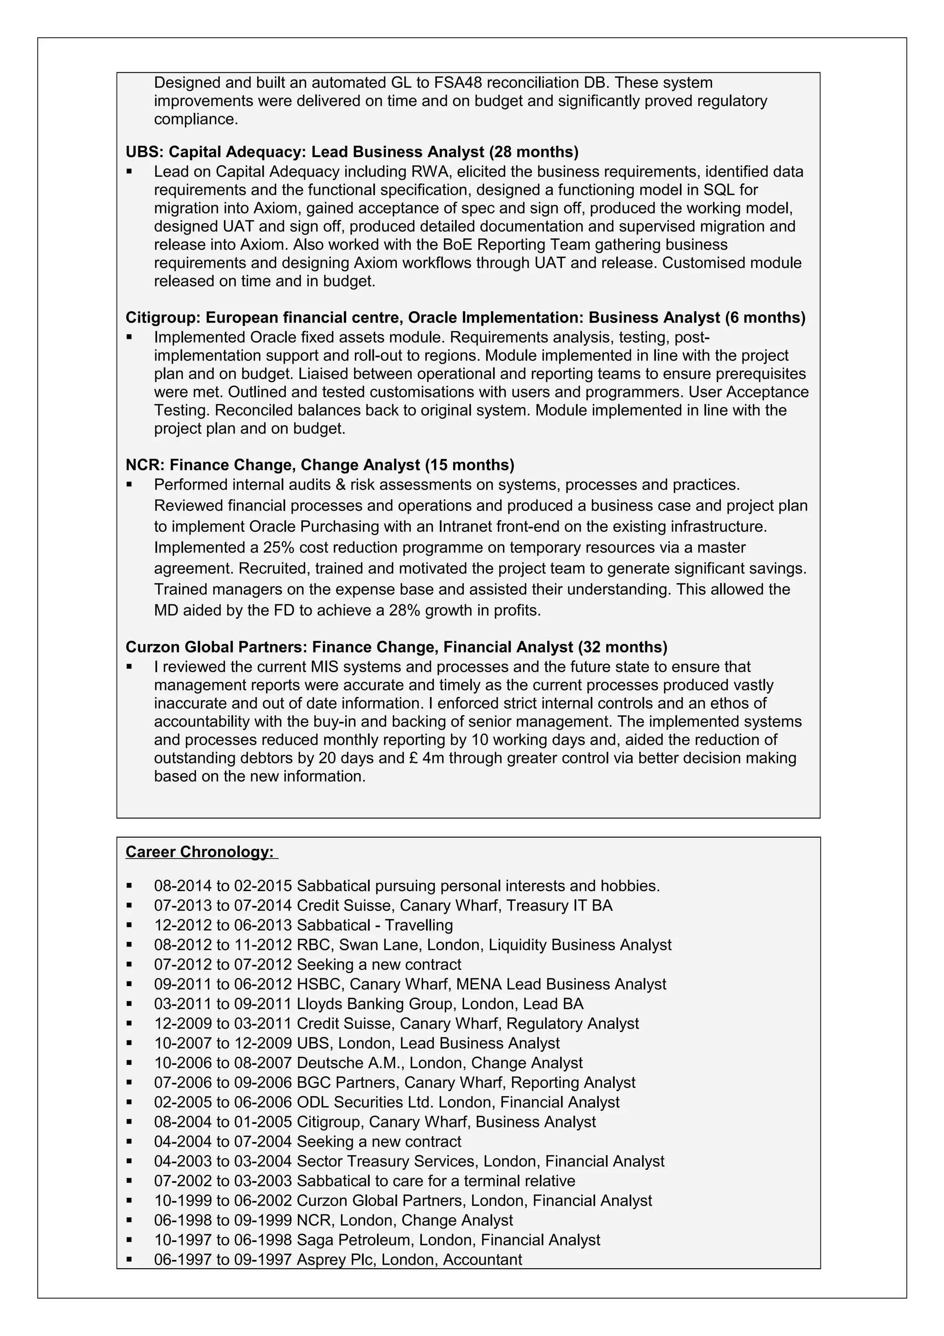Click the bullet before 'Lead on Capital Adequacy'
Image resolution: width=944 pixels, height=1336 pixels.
coord(129,171)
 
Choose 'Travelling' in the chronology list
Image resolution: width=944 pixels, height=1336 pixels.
coord(419,925)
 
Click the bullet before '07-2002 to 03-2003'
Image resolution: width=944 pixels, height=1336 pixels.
coord(129,1181)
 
